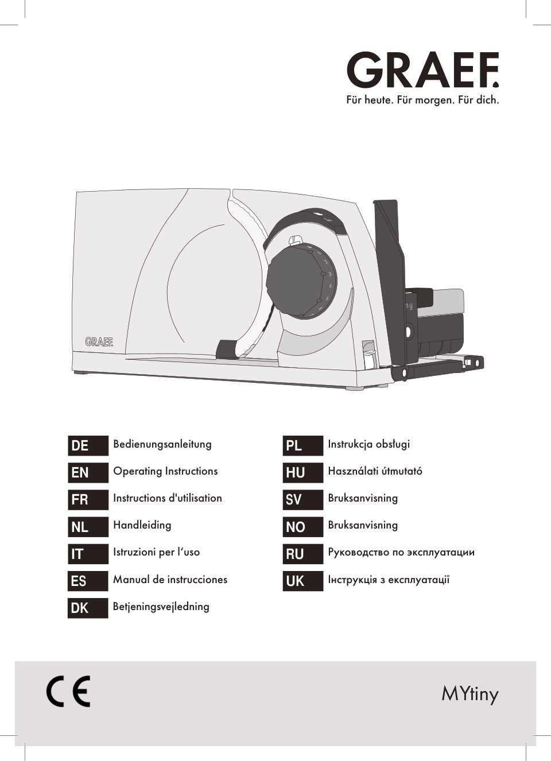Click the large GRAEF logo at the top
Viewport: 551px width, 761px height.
click(422, 70)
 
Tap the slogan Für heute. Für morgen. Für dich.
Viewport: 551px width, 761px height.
click(422, 100)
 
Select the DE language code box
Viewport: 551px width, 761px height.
click(88, 445)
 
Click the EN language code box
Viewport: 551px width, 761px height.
click(88, 472)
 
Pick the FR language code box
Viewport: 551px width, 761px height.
click(88, 499)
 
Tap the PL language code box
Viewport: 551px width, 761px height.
click(302, 445)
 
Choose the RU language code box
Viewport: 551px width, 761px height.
click(302, 554)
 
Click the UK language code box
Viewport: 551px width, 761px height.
click(302, 581)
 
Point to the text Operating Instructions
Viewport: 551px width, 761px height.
click(165, 471)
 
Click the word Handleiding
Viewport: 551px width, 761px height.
click(142, 525)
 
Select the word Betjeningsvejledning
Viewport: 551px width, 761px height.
click(161, 607)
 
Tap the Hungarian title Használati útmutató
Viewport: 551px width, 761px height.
click(375, 471)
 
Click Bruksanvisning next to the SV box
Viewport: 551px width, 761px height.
click(363, 498)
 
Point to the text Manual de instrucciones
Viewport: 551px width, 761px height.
click(170, 580)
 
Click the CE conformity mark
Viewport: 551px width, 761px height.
click(68, 692)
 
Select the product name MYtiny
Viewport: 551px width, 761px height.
click(469, 694)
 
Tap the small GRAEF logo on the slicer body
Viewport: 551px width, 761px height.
click(99, 341)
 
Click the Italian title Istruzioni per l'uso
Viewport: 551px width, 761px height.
click(156, 552)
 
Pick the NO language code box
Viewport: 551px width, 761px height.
click(302, 527)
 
